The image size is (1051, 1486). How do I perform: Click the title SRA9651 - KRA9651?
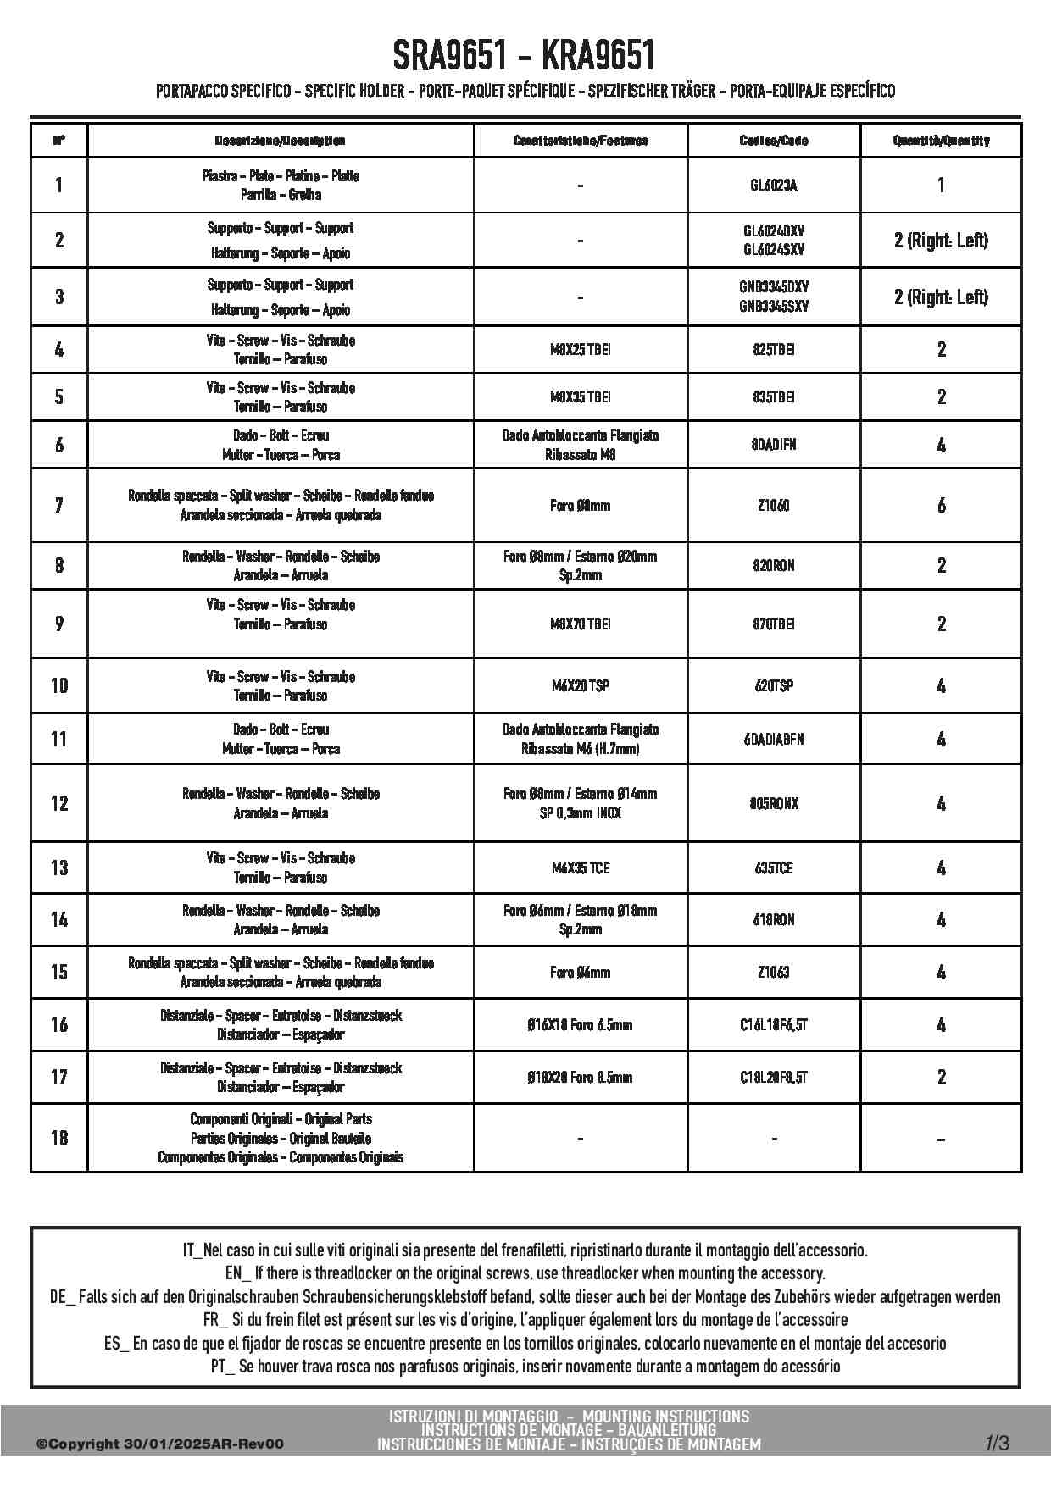tap(525, 56)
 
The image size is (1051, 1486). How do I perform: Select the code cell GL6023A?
tap(774, 185)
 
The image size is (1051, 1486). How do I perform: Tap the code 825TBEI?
tap(774, 349)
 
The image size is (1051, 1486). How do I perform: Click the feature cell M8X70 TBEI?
tap(581, 624)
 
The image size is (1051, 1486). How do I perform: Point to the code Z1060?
tap(774, 505)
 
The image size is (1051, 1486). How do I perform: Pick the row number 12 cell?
tap(59, 803)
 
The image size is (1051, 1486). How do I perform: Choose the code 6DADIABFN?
tap(774, 739)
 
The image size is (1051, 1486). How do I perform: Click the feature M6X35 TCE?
tap(581, 868)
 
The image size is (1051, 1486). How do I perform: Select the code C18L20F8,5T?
tap(774, 1077)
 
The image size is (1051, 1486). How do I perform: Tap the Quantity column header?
tap(941, 141)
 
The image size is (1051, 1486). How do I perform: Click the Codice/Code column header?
tap(774, 141)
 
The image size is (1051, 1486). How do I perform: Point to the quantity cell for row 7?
tap(941, 505)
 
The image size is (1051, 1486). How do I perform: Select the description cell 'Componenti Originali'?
tap(281, 1138)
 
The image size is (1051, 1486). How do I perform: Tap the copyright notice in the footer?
tap(160, 1444)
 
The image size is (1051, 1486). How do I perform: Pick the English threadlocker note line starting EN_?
tap(525, 1273)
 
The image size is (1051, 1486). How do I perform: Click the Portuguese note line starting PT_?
tap(525, 1366)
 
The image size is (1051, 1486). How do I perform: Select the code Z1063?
tap(774, 972)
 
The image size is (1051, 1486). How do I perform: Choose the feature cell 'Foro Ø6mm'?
tap(581, 972)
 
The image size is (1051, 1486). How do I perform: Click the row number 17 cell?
tap(59, 1077)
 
